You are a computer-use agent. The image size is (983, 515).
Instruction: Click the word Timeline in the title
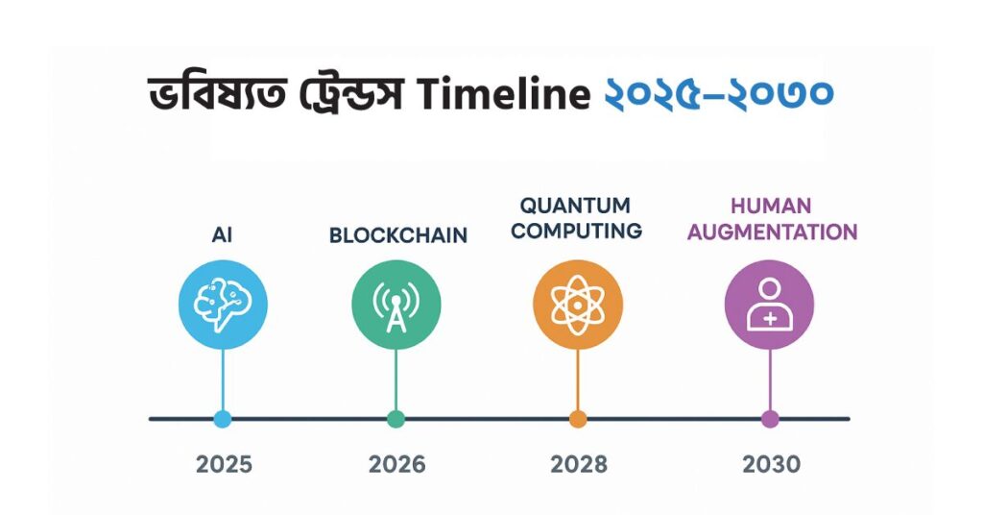tap(503, 93)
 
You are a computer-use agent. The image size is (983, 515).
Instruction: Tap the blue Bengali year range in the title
tap(718, 93)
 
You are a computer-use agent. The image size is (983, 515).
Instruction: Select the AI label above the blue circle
tap(222, 234)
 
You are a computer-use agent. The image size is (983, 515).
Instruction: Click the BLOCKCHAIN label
tap(398, 235)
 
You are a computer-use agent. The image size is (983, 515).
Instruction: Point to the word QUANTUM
tap(575, 205)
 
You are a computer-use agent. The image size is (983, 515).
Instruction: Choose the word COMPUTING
tap(576, 231)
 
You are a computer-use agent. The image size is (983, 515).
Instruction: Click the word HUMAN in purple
tap(771, 206)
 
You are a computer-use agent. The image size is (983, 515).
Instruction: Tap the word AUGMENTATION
tap(772, 233)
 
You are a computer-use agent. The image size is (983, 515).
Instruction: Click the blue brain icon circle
tap(223, 305)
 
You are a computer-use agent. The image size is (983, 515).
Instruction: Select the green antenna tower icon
tap(396, 305)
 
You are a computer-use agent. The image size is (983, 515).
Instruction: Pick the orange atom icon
tap(577, 305)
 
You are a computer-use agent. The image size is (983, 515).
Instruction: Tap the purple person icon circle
tap(769, 305)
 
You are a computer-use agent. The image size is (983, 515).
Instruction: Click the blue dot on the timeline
tap(223, 418)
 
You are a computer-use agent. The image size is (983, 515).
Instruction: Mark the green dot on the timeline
tap(396, 418)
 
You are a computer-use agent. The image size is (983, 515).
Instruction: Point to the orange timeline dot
tap(578, 418)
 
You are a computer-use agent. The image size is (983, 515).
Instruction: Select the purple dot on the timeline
tap(770, 418)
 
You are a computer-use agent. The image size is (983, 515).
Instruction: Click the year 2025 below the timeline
tap(224, 464)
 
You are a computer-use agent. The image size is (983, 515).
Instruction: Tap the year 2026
tap(396, 464)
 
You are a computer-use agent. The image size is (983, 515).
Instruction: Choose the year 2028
tap(579, 464)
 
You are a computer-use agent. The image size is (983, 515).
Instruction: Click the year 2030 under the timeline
tap(771, 464)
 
